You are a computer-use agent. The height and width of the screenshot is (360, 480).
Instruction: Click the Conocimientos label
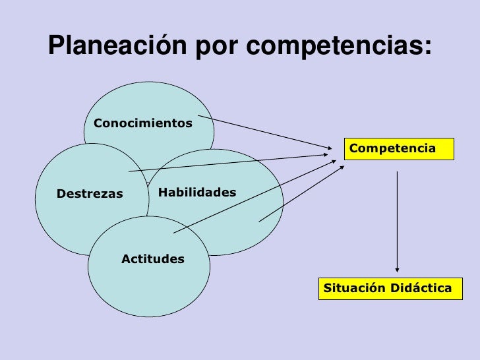pos(144,123)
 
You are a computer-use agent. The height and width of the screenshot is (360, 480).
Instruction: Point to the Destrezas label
pos(90,194)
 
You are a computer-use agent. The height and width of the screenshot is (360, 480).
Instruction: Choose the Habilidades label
pos(197,192)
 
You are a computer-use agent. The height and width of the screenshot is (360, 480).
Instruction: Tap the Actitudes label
pos(153,259)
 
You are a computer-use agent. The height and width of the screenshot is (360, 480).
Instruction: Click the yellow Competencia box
pos(398,149)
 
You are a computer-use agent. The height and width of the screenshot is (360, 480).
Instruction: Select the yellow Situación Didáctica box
pos(390,289)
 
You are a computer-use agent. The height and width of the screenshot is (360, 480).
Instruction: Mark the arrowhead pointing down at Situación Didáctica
pos(397,268)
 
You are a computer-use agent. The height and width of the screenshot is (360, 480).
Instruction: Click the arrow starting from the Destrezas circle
pos(231,163)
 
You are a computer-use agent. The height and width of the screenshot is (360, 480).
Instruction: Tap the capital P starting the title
pos(55,45)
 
